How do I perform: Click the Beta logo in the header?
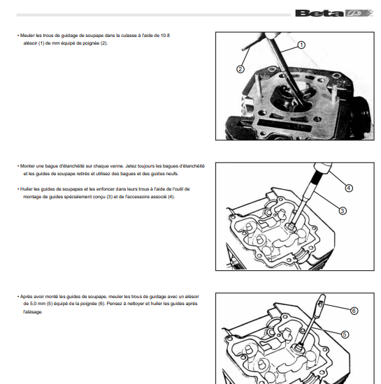334,13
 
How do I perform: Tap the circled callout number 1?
301,45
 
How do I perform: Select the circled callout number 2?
240,69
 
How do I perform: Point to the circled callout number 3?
343,211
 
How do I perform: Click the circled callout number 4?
349,188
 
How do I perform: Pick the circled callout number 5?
345,334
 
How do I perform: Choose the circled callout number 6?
354,311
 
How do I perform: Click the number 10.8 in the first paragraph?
165,36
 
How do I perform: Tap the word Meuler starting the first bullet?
27,36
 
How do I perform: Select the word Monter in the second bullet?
27,166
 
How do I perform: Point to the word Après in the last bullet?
26,297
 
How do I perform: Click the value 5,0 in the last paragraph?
33,304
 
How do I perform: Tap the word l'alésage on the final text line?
33,312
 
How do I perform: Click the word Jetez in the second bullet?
131,166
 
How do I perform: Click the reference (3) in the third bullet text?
110,197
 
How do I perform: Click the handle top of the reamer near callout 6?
322,299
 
